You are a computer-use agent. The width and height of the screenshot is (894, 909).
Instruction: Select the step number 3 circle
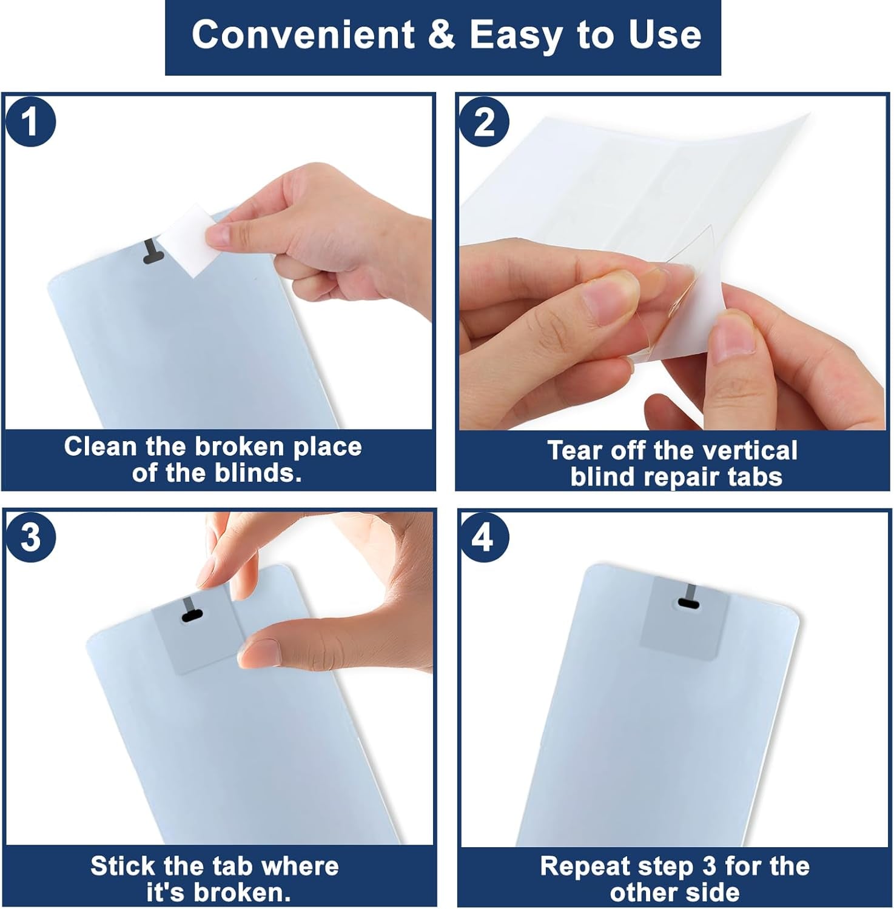(x=30, y=537)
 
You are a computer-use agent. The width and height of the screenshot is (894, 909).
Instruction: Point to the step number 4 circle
(x=483, y=537)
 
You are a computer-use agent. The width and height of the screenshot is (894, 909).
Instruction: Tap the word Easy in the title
(x=517, y=36)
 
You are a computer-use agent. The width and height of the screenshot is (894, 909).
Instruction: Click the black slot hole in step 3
(x=191, y=616)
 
